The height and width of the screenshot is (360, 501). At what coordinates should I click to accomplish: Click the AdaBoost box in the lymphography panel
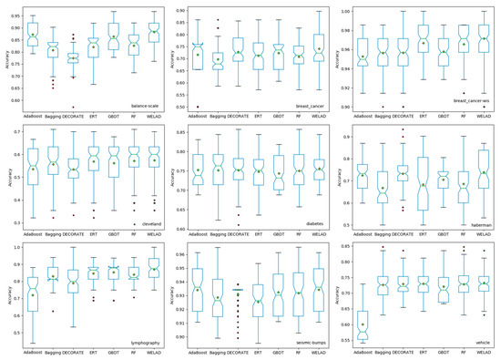[x=34, y=286]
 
